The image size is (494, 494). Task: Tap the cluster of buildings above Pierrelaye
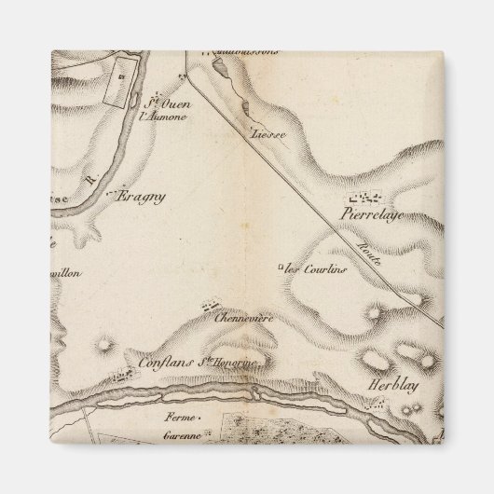click(x=364, y=198)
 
